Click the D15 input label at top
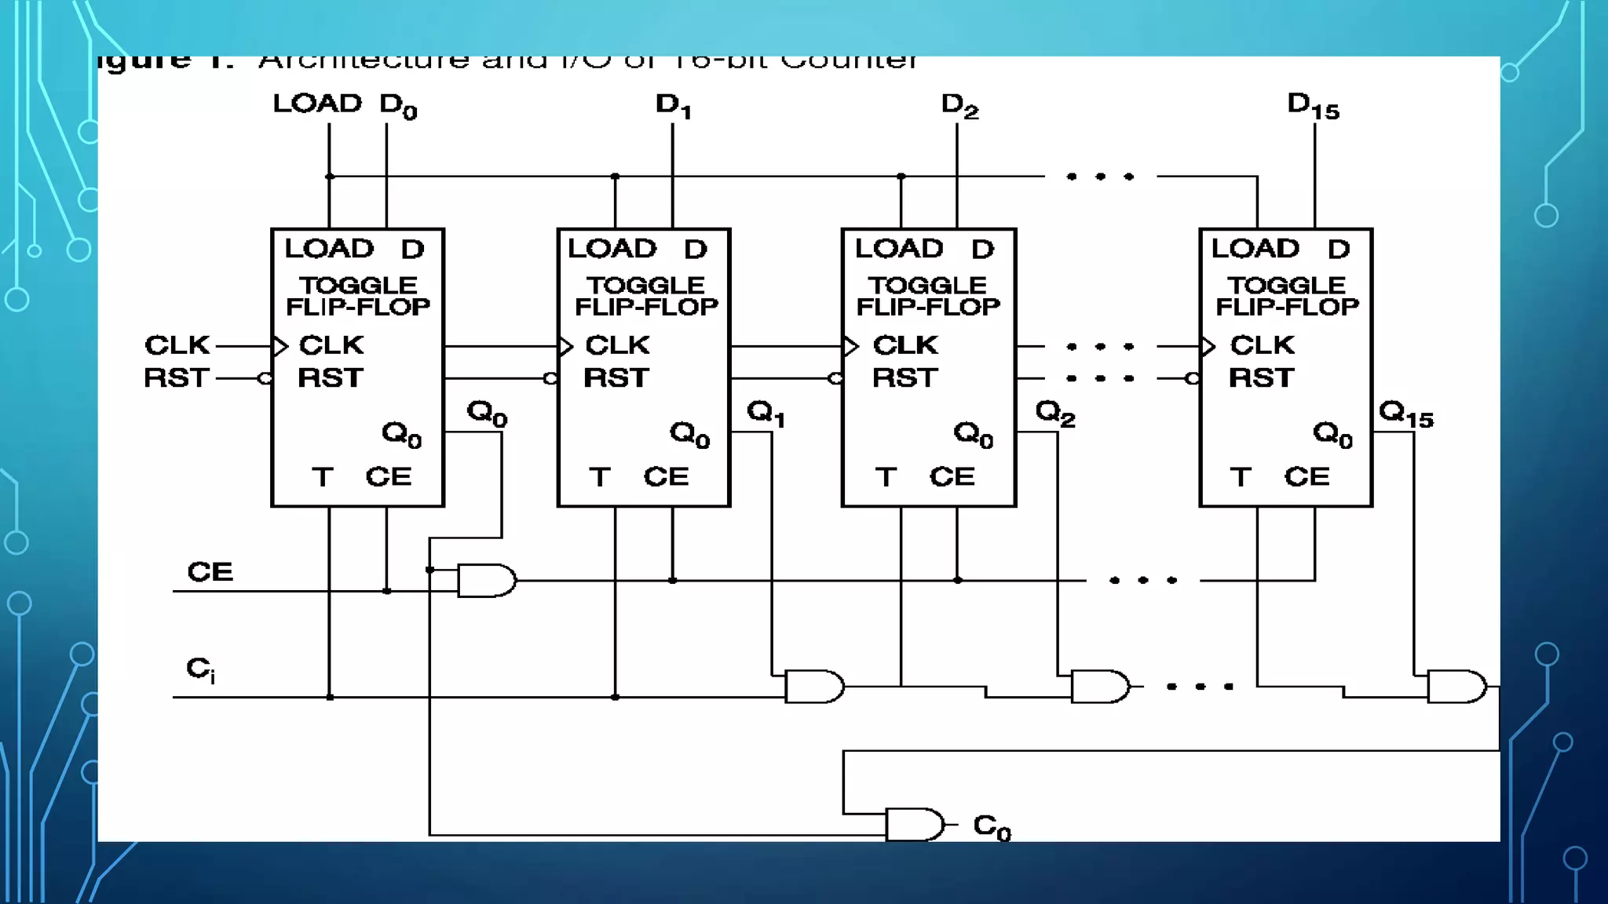(x=1313, y=106)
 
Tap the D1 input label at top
(x=673, y=105)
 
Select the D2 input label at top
(x=959, y=105)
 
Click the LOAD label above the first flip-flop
(x=317, y=104)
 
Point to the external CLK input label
(x=177, y=345)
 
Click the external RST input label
(x=177, y=378)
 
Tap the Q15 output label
(x=1405, y=414)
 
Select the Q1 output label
(x=766, y=412)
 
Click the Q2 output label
(x=1054, y=412)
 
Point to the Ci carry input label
(x=200, y=669)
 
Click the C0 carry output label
(x=992, y=826)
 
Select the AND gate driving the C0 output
(x=915, y=825)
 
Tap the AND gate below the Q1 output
(x=814, y=687)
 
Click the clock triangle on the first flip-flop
(x=280, y=346)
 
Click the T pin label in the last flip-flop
(x=1240, y=477)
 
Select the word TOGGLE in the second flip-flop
(x=645, y=285)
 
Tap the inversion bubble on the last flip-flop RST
(x=1192, y=379)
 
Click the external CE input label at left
(x=210, y=572)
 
